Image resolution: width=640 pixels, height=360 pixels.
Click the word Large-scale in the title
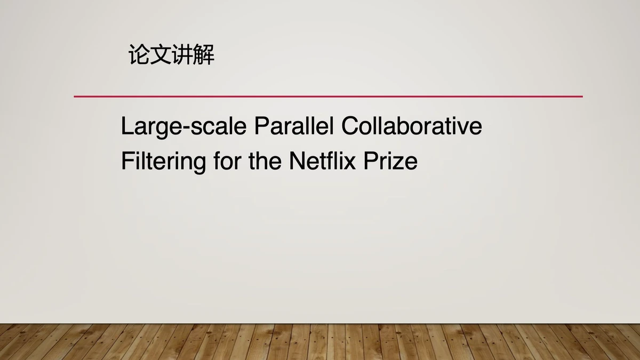pyautogui.click(x=183, y=127)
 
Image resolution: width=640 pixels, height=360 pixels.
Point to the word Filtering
pyautogui.click(x=163, y=162)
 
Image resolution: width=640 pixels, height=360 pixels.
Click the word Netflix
pyautogui.click(x=323, y=161)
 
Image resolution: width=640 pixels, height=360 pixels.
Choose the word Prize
pyautogui.click(x=390, y=161)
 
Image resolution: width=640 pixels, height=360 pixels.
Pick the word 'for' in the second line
pyautogui.click(x=227, y=161)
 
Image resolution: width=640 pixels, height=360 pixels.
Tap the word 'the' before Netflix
pyautogui.click(x=265, y=161)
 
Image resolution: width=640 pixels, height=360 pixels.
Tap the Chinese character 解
pyautogui.click(x=204, y=54)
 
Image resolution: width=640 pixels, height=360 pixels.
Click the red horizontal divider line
pyautogui.click(x=329, y=97)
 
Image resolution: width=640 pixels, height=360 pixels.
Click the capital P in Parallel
pyautogui.click(x=261, y=126)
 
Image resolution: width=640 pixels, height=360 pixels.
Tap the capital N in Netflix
pyautogui.click(x=297, y=161)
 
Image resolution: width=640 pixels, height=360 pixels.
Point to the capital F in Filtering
pyautogui.click(x=128, y=161)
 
